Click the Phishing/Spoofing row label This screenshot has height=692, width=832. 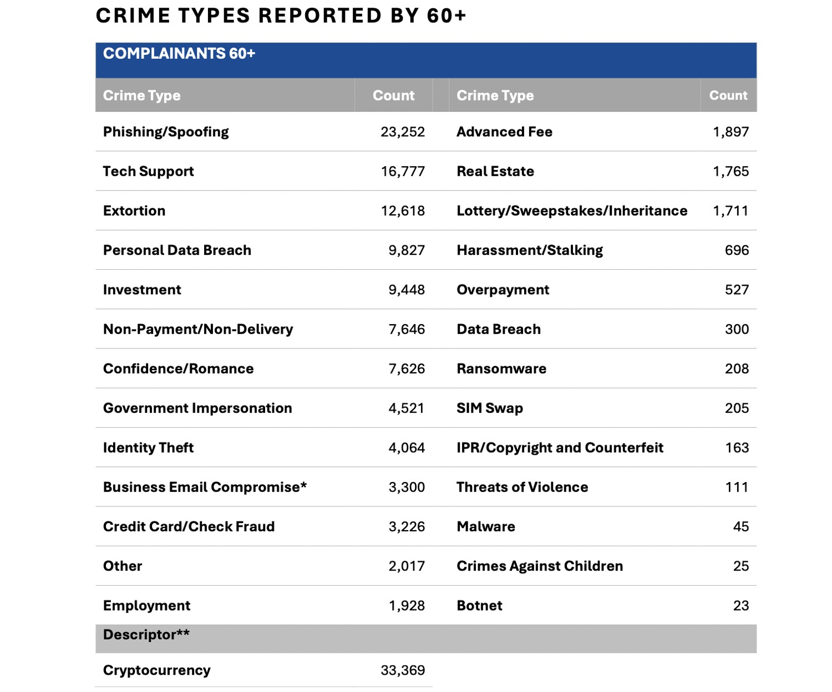166,132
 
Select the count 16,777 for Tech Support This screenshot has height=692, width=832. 403,171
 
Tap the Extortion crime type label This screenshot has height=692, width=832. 134,211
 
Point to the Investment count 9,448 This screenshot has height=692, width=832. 407,289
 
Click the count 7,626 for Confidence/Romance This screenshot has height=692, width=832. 407,368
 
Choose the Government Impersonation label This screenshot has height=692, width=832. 197,408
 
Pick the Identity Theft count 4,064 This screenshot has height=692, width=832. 407,448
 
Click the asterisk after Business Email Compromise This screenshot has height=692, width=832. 303,484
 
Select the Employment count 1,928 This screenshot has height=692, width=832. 407,605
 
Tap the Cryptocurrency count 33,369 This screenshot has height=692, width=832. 403,670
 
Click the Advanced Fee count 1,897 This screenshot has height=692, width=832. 730,132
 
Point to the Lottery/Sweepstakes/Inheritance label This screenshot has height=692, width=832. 572,211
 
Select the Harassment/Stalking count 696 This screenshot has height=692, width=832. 737,250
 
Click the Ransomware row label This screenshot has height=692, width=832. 501,368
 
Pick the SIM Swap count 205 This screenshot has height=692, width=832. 737,408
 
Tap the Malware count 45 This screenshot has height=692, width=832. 740,526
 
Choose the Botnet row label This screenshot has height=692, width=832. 479,605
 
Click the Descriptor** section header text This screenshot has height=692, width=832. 146,634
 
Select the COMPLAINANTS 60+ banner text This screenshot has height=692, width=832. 179,53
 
